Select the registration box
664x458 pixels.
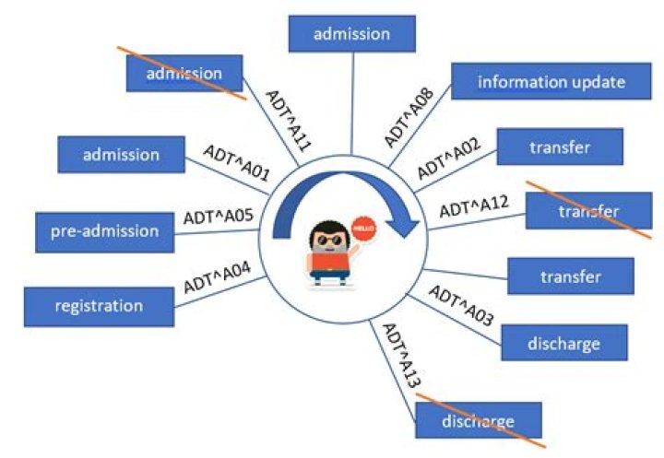click(x=99, y=305)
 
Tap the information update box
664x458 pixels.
click(x=551, y=82)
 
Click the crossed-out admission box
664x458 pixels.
click(x=184, y=73)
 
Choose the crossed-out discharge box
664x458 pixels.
click(x=477, y=423)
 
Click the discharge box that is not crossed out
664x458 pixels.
click(x=563, y=344)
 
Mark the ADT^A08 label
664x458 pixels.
click(x=408, y=119)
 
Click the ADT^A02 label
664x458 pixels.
click(x=449, y=158)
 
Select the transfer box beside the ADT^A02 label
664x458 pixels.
click(x=560, y=147)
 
